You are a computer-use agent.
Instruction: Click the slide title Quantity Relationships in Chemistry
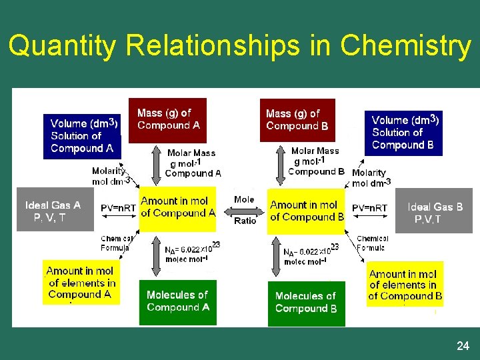coord(240,46)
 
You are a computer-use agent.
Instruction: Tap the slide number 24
coord(463,346)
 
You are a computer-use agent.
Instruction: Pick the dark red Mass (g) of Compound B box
coord(297,120)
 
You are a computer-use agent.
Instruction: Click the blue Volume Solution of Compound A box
coord(82,136)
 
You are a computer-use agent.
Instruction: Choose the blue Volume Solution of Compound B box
coord(403,133)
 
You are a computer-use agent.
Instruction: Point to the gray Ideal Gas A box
coord(54,211)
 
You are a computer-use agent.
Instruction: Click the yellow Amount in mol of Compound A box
coord(178,207)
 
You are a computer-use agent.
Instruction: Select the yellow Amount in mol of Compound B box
coord(307,211)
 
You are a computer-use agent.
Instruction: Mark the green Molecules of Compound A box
coord(178,301)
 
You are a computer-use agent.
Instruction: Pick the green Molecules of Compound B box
coord(306,303)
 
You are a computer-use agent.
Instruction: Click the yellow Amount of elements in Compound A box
coord(81,283)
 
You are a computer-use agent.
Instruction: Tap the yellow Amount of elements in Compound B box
coord(405,285)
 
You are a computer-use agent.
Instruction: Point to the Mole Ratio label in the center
coord(245,210)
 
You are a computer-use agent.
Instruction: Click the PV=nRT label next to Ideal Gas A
coord(118,208)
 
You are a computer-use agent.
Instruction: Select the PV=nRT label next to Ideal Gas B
coord(369,208)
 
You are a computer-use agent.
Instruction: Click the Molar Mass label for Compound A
coord(192,163)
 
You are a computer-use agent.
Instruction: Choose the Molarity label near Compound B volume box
coord(370,177)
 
